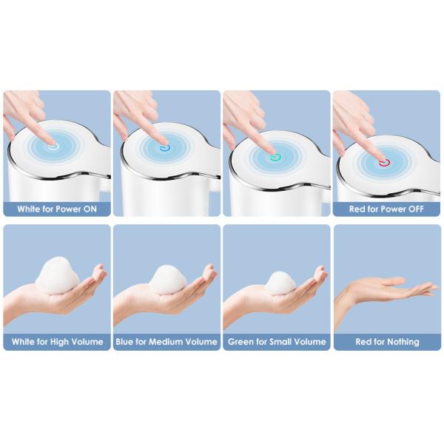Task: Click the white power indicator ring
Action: click(53, 147)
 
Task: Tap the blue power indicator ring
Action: click(165, 149)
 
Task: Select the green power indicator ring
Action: click(275, 158)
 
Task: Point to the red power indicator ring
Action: click(385, 163)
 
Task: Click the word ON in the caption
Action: click(90, 209)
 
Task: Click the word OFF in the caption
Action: click(416, 209)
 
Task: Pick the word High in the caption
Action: click(59, 341)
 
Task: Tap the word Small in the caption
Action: click(281, 341)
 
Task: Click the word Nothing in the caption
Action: click(403, 342)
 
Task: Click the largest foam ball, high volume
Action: click(58, 275)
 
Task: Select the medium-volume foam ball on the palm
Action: click(168, 280)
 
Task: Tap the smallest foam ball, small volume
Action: click(280, 283)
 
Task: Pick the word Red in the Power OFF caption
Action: click(356, 209)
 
